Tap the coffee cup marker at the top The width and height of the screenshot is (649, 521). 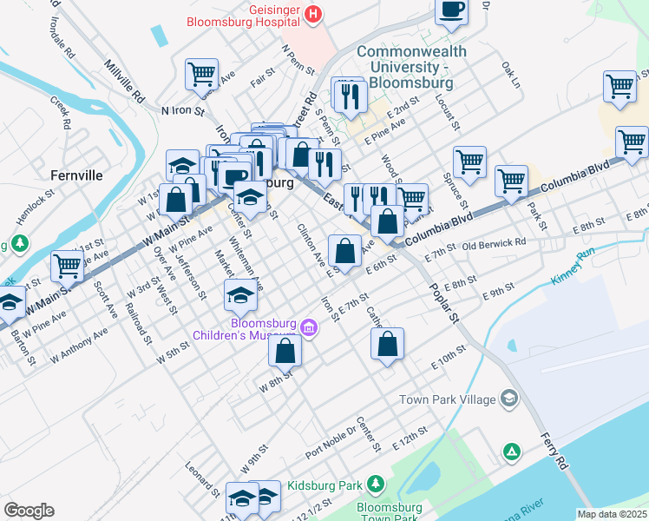[450, 10]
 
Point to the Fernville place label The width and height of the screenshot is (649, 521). [76, 175]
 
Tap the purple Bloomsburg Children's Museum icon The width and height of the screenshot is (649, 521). [309, 327]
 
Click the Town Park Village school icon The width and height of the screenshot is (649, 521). [508, 399]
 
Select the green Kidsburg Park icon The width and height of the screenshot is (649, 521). [375, 482]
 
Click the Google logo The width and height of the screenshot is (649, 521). [29, 511]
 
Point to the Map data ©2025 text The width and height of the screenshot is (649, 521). [612, 514]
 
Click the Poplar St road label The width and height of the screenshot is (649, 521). [441, 304]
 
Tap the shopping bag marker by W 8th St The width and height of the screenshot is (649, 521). [285, 351]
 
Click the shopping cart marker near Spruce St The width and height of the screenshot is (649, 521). [469, 161]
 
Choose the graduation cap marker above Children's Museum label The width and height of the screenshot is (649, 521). [240, 295]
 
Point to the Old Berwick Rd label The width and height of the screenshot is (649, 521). [494, 245]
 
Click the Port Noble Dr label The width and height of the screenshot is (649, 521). [331, 442]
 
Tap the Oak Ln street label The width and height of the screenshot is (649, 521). [510, 75]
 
